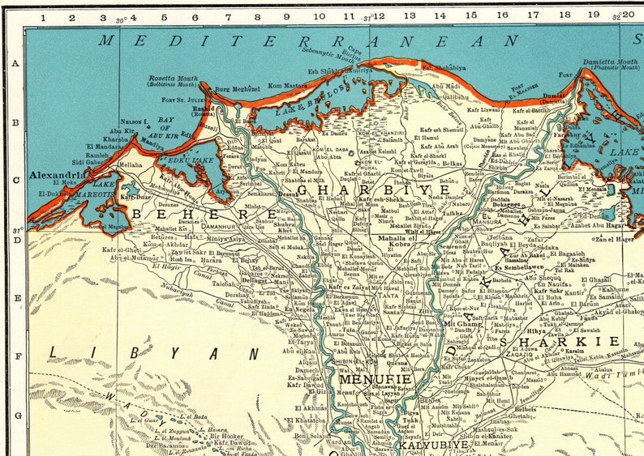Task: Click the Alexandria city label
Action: pyautogui.click(x=58, y=174)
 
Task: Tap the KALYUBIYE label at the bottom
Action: pyautogui.click(x=431, y=445)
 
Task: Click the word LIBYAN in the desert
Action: pyautogui.click(x=153, y=352)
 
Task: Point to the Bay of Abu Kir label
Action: pyautogui.click(x=170, y=124)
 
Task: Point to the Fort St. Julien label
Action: pyautogui.click(x=185, y=100)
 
